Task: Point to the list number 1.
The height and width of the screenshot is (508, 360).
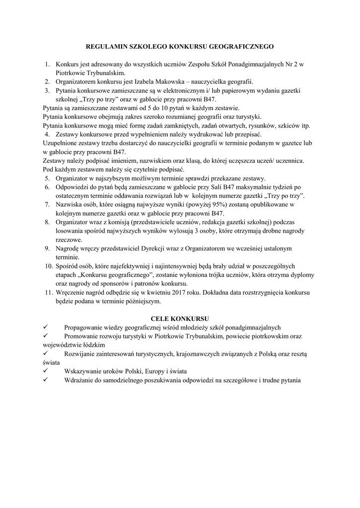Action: tap(47, 64)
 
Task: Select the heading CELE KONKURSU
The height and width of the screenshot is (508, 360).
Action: tap(180, 317)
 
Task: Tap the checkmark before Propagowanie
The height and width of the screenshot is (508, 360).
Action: tap(45, 327)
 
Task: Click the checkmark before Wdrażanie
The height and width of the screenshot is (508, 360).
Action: tap(45, 381)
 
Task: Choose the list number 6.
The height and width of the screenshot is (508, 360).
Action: tap(47, 187)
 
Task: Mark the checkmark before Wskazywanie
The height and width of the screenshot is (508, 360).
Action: tap(45, 372)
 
